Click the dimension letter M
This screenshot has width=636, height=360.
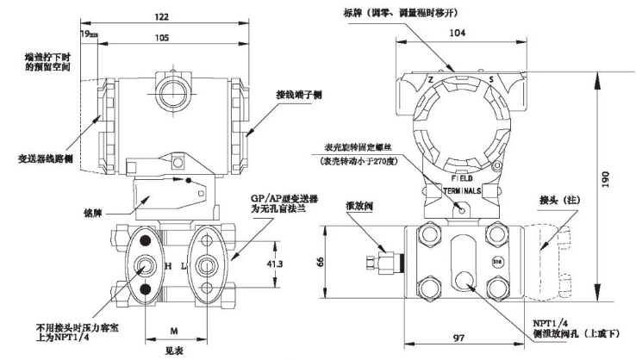[x=174, y=329]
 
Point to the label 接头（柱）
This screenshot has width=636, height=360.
[x=558, y=200]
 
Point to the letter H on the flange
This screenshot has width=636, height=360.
[x=168, y=267]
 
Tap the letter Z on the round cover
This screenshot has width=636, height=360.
[x=429, y=78]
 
